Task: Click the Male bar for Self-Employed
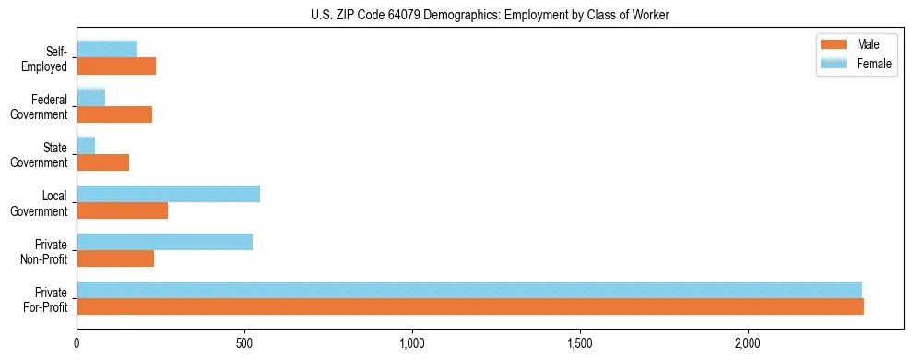pos(116,66)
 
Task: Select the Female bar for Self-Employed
pos(107,49)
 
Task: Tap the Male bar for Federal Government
pos(114,114)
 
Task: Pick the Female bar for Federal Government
pos(90,97)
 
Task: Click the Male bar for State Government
pos(102,162)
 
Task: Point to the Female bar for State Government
pos(86,145)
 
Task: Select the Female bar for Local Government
pos(168,193)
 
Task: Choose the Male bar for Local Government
pos(122,210)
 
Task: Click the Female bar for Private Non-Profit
pos(164,241)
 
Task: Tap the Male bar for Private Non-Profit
pos(115,258)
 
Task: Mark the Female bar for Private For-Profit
pos(468,289)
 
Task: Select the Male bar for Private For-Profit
pos(470,306)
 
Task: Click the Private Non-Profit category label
pos(45,251)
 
